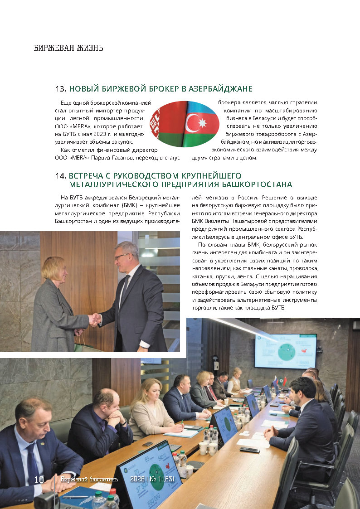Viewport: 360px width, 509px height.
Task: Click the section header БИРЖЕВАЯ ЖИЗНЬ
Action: point(68,48)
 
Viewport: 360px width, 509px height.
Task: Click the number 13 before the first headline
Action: point(61,89)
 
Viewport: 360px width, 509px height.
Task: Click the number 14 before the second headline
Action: point(61,176)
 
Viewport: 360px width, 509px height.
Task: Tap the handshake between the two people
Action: point(94,320)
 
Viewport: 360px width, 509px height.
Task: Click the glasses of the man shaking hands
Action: point(122,257)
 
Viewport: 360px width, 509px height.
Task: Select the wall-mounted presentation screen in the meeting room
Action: point(285,351)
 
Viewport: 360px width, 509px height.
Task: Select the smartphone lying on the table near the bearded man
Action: point(249,450)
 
